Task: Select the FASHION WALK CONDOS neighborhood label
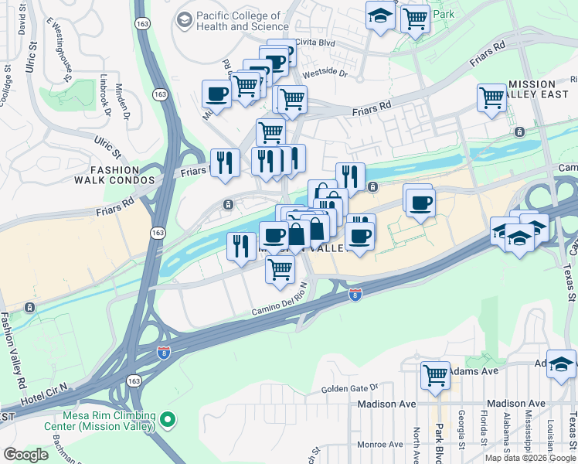click(114, 175)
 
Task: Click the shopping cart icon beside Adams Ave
click(436, 376)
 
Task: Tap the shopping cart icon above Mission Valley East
click(491, 98)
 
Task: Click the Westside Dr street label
click(328, 76)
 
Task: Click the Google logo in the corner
click(26, 454)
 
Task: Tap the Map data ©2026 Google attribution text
click(530, 458)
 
